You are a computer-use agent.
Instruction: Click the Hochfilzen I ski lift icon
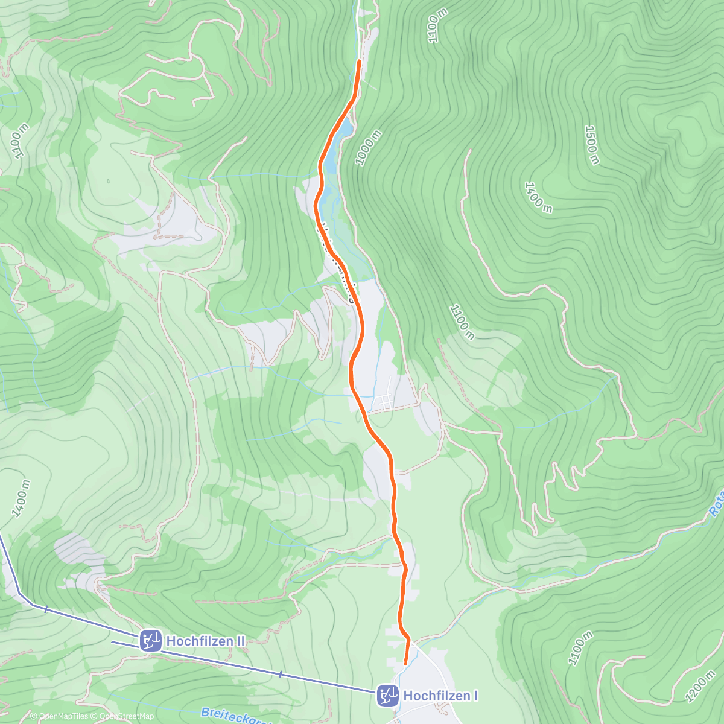click(387, 696)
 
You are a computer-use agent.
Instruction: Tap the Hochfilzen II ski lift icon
click(150, 641)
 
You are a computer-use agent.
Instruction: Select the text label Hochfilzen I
click(440, 696)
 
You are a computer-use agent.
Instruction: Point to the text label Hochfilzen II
click(206, 641)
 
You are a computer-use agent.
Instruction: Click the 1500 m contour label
click(592, 145)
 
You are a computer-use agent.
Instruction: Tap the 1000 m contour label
click(368, 148)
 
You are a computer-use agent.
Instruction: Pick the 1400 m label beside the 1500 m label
click(538, 197)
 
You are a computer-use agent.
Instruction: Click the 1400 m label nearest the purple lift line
click(21, 499)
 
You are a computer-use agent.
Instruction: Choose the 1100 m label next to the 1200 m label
click(580, 649)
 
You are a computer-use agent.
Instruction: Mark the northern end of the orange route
click(360, 62)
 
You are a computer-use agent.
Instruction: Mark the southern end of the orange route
click(405, 663)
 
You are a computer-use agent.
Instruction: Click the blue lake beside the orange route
click(330, 157)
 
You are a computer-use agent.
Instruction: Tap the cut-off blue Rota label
click(716, 504)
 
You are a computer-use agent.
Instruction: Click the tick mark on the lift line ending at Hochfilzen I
click(280, 673)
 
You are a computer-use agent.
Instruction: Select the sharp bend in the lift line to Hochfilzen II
click(20, 594)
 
